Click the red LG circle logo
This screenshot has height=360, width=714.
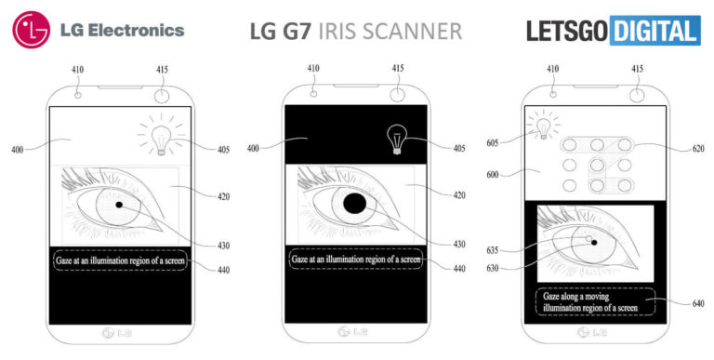31,31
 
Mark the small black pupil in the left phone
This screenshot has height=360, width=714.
119,204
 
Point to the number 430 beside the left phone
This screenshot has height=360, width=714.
223,246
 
